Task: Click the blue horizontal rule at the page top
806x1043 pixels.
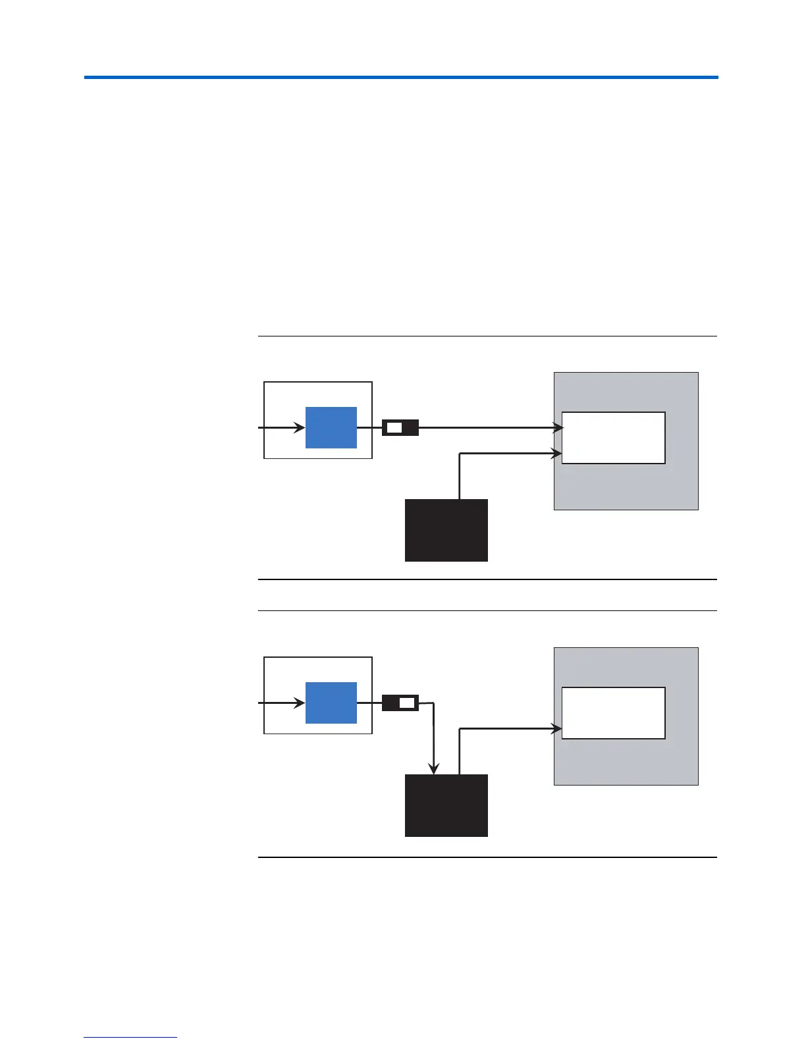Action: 400,78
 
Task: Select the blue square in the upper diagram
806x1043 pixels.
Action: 331,427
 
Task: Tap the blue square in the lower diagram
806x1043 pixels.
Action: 331,703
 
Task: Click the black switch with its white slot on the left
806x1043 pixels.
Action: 400,428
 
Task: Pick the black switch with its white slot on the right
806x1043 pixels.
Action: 400,703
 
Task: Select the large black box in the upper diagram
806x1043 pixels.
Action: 446,530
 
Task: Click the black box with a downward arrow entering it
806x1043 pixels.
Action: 446,805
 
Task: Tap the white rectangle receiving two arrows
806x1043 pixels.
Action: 613,438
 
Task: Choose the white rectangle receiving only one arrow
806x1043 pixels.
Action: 613,713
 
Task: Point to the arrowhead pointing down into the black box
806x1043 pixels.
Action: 433,768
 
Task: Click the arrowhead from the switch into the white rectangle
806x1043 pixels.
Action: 557,428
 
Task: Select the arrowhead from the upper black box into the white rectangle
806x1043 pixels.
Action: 557,453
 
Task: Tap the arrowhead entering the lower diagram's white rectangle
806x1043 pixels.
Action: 557,728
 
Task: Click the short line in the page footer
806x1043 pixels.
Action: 130,1038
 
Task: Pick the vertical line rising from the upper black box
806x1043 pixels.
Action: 459,476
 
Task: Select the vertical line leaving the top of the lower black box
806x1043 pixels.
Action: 459,751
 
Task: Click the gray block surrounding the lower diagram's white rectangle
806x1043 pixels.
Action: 626,764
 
